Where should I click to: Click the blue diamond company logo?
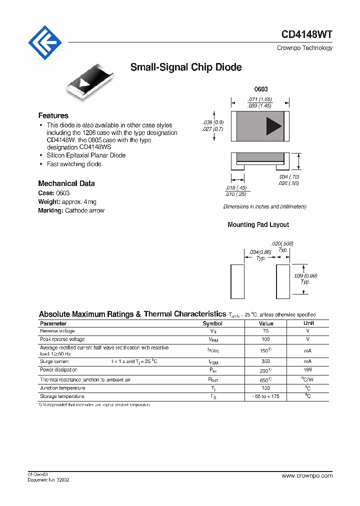[x=44, y=43]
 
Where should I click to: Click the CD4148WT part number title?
[x=306, y=34]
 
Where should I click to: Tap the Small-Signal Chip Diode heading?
[x=186, y=67]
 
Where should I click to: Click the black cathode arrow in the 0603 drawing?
[x=273, y=126]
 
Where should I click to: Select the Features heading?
[x=53, y=115]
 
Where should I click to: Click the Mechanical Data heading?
[x=66, y=183]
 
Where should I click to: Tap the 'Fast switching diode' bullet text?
[x=74, y=164]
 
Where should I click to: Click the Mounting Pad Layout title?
[x=258, y=225]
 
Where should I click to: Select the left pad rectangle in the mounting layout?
[x=237, y=282]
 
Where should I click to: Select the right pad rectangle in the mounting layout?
[x=283, y=282]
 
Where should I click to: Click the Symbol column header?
[x=212, y=323]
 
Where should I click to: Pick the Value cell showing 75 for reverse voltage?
[x=265, y=331]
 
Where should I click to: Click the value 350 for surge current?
[x=265, y=361]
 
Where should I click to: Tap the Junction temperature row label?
[x=62, y=388]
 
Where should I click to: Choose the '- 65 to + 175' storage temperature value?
[x=265, y=396]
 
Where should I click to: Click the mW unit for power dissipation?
[x=308, y=370]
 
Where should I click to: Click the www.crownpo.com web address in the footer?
[x=306, y=476]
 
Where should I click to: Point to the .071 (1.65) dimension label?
[x=259, y=99]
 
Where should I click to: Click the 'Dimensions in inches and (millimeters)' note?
[x=264, y=206]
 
